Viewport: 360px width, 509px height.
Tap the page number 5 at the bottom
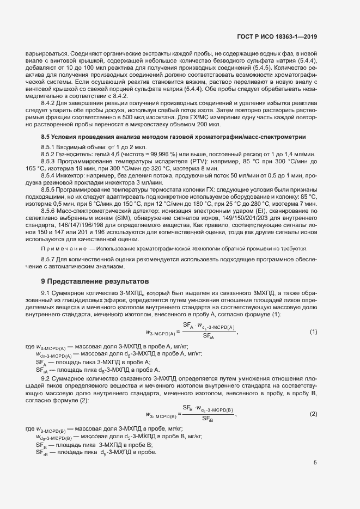pyautogui.click(x=315, y=463)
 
